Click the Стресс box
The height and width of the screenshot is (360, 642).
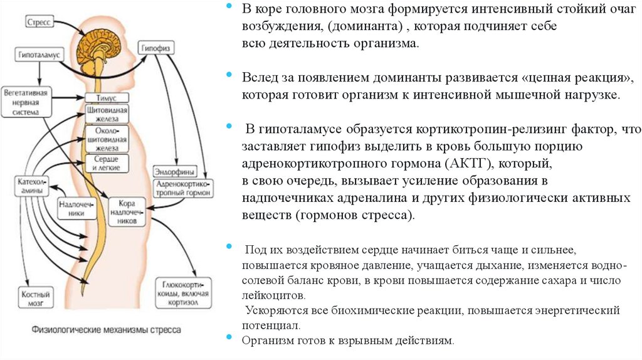pyautogui.click(x=41, y=21)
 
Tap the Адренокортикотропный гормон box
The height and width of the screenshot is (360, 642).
pyautogui.click(x=184, y=189)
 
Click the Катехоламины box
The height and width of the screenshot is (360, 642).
pyautogui.click(x=29, y=186)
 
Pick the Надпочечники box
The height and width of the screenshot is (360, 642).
pyautogui.click(x=72, y=209)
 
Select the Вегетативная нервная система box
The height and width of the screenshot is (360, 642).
pyautogui.click(x=26, y=102)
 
